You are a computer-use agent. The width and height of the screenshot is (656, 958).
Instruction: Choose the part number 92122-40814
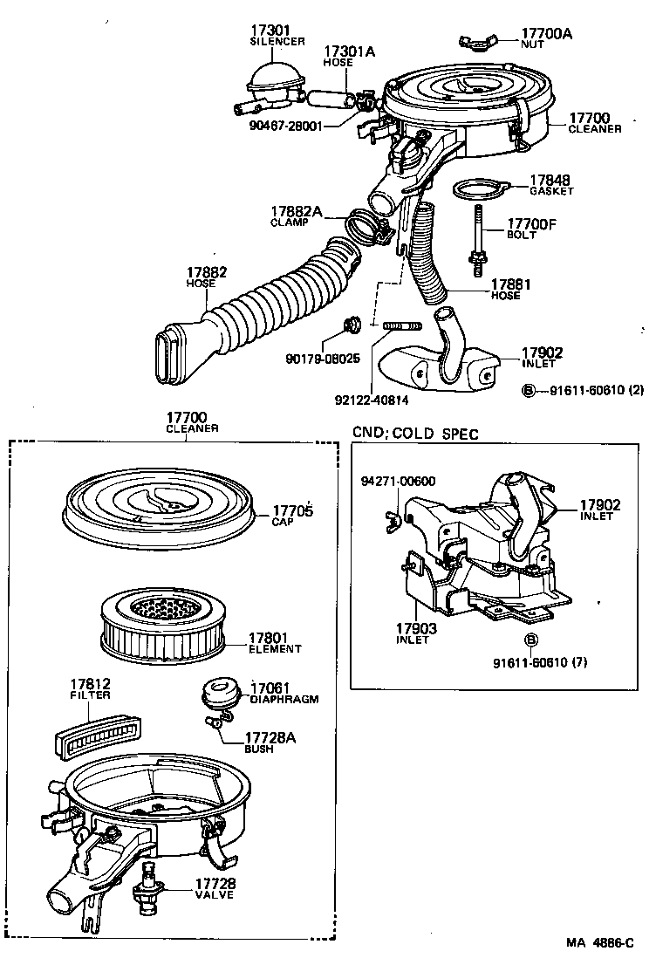click(x=372, y=401)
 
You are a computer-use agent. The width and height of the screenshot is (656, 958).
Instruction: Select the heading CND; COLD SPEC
click(x=415, y=434)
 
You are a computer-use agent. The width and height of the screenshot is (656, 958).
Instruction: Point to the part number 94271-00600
click(x=399, y=481)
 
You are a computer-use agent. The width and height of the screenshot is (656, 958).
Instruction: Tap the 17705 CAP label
click(x=292, y=516)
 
